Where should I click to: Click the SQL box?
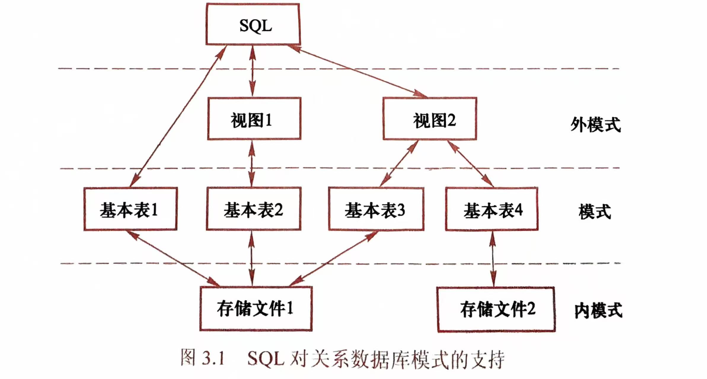click(x=253, y=25)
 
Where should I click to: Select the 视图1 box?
click(x=254, y=118)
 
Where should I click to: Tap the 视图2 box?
click(x=430, y=118)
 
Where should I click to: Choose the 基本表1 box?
click(x=130, y=209)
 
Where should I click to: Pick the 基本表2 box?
click(x=254, y=209)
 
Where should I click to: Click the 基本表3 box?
click(x=376, y=209)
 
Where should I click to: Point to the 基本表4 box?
click(x=492, y=209)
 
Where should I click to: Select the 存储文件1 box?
click(x=256, y=309)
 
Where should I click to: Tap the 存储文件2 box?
click(x=496, y=310)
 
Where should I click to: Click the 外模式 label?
click(x=595, y=124)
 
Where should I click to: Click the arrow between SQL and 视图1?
click(x=252, y=71)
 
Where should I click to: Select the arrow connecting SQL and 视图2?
click(x=357, y=71)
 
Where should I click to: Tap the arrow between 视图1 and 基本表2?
click(x=252, y=163)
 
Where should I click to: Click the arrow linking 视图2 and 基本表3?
click(x=399, y=163)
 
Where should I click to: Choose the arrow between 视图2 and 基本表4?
click(x=470, y=163)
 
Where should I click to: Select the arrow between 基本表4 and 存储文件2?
click(x=493, y=259)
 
